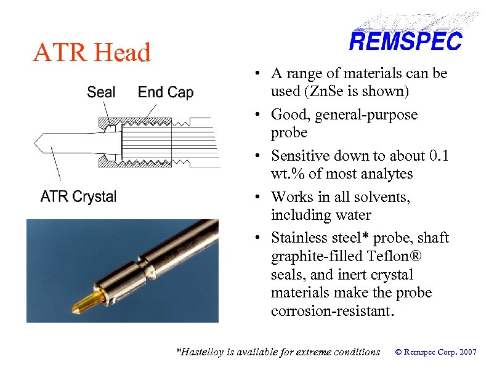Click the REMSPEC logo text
(405, 42)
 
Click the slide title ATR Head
(92, 53)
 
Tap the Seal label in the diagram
(101, 92)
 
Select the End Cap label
(165, 92)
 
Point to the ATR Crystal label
(78, 197)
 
